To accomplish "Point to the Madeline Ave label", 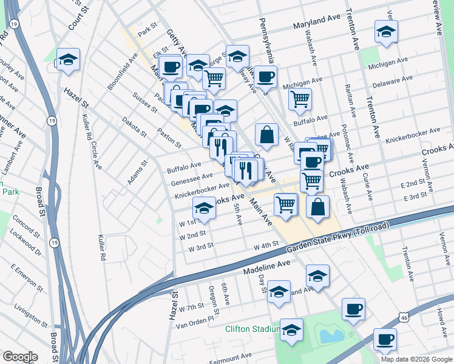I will (268, 265).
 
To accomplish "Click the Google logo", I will (19, 356).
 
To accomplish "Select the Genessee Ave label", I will (192, 179).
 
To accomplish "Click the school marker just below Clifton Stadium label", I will (291, 331).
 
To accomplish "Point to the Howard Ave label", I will (441, 316).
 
